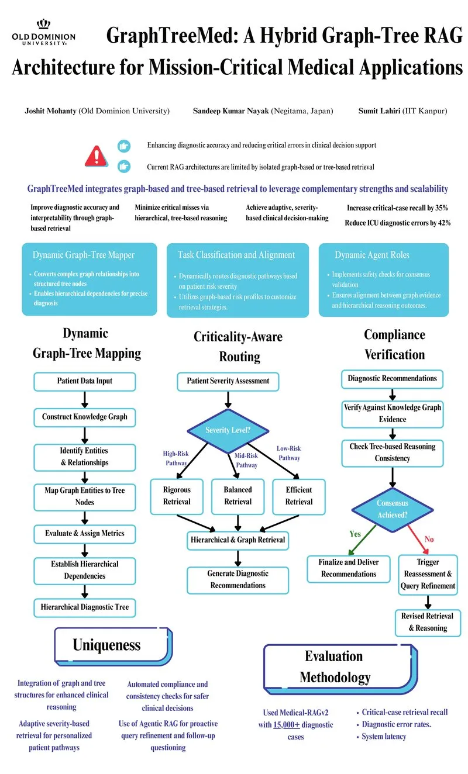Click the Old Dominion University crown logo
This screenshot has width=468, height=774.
44,25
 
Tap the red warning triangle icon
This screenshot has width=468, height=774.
97,156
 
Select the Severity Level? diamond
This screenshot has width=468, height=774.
228,430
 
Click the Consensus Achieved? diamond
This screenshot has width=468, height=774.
393,509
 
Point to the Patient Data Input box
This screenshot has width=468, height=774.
85,381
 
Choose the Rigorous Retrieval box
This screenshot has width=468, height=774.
177,496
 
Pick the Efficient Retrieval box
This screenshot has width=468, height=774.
299,496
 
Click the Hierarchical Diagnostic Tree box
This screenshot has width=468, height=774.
85,607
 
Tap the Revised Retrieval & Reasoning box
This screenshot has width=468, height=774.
428,623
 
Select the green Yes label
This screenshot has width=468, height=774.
355,534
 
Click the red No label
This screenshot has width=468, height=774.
429,539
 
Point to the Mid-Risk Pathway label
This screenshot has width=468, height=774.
246,460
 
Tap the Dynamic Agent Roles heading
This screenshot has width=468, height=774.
372,255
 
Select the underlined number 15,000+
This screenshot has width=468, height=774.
287,724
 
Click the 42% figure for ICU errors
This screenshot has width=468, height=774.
444,223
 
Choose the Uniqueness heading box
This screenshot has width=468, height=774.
113,646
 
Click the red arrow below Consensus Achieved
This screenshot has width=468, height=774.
418,540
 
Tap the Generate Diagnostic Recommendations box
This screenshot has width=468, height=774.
238,580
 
